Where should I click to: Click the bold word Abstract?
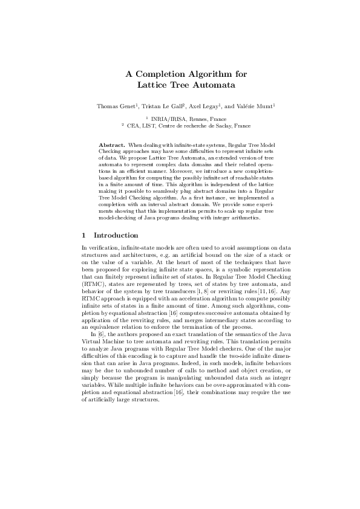click(x=111, y=146)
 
